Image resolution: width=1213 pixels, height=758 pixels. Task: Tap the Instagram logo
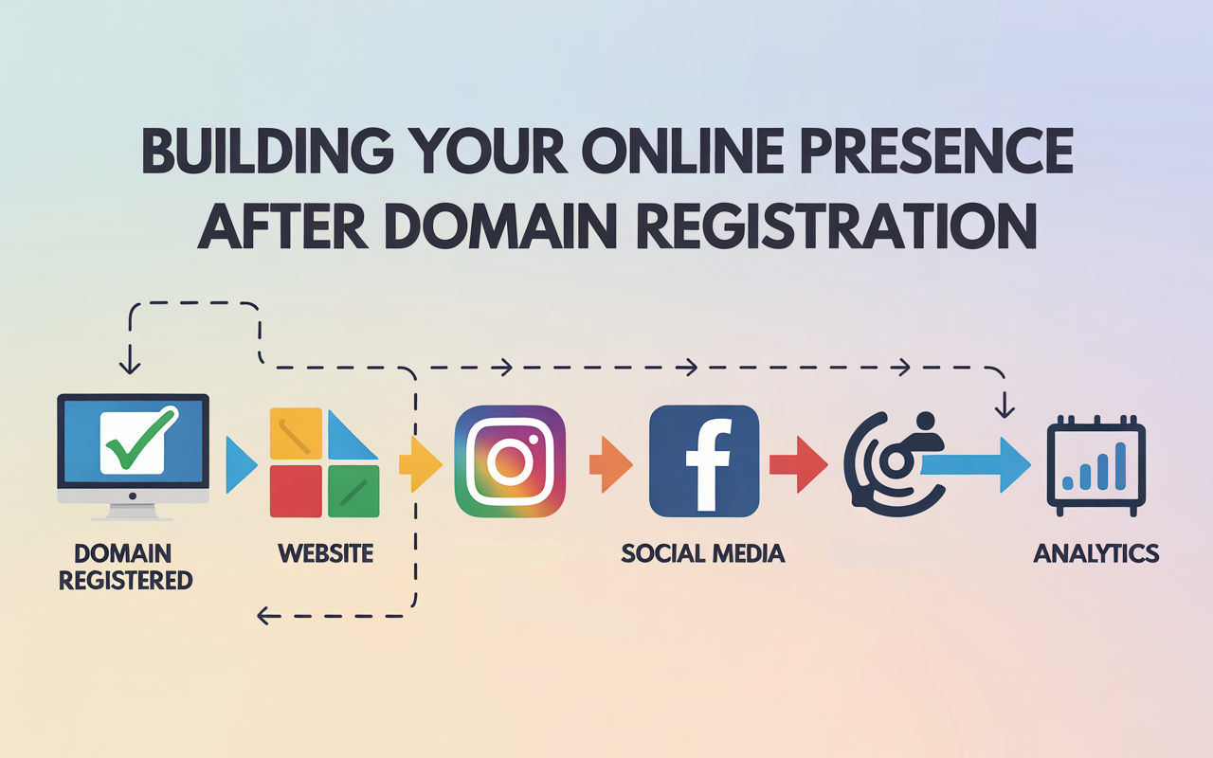click(x=510, y=461)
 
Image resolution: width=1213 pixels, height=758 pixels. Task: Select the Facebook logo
click(x=704, y=461)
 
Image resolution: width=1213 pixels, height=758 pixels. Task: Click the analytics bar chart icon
click(x=1095, y=466)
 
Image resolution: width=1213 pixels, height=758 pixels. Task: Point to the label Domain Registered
click(x=126, y=566)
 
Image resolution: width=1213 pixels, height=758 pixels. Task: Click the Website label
click(x=325, y=552)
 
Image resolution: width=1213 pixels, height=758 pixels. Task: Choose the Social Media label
click(x=703, y=552)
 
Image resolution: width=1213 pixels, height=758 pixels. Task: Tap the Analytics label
click(x=1095, y=552)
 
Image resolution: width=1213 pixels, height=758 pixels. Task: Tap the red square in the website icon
click(x=296, y=491)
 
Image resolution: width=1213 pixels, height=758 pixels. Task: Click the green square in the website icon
click(x=353, y=491)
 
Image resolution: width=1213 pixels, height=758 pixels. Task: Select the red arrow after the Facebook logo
click(x=798, y=463)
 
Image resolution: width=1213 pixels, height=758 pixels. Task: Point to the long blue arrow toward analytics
click(x=976, y=464)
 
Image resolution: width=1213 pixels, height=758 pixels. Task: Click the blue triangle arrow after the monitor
click(x=241, y=464)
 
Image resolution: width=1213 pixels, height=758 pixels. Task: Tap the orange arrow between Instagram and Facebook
click(x=610, y=463)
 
